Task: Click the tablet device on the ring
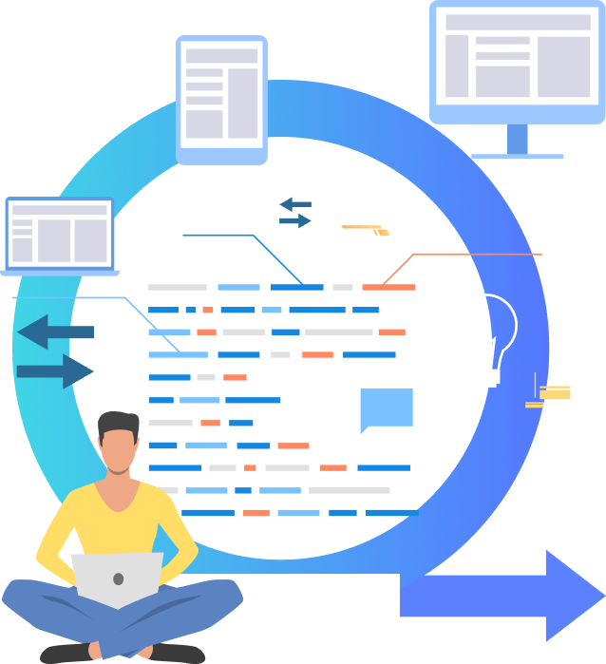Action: (x=221, y=98)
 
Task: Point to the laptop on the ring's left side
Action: (x=60, y=234)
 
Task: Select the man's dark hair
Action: (x=119, y=423)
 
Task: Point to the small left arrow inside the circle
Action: (x=294, y=203)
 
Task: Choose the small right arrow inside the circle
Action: (x=295, y=220)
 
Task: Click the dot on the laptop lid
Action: (x=118, y=579)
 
